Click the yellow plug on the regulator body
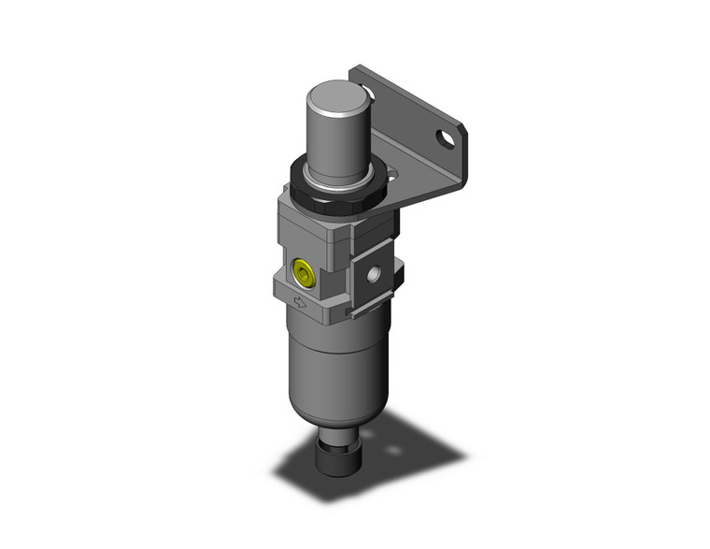(x=302, y=273)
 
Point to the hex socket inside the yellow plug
(x=302, y=273)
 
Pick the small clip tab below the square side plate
(x=351, y=310)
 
